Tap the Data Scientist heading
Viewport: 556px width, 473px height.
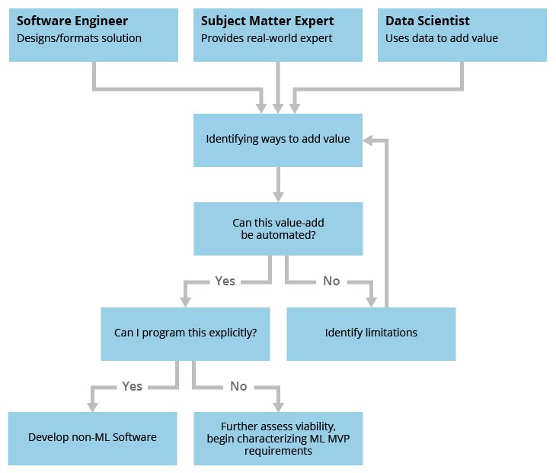[x=427, y=21]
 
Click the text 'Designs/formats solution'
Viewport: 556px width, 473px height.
[x=79, y=38]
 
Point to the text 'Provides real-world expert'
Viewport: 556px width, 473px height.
[x=267, y=38]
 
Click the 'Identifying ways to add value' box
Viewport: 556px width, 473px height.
[x=278, y=140]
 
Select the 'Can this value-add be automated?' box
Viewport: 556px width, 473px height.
[x=278, y=229]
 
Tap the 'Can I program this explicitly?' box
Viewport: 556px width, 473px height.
[x=185, y=333]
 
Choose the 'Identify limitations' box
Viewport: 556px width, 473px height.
[x=371, y=333]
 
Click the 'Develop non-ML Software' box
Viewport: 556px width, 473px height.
[x=92, y=438]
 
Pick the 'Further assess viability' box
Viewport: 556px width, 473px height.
[x=278, y=438]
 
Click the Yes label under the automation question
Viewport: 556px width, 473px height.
[x=225, y=281]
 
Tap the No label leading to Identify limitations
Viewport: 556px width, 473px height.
[x=331, y=281]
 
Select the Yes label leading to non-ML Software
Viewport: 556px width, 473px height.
[x=133, y=386]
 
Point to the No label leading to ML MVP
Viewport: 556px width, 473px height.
[x=238, y=386]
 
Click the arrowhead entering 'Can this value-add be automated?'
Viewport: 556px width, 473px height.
[x=278, y=195]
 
